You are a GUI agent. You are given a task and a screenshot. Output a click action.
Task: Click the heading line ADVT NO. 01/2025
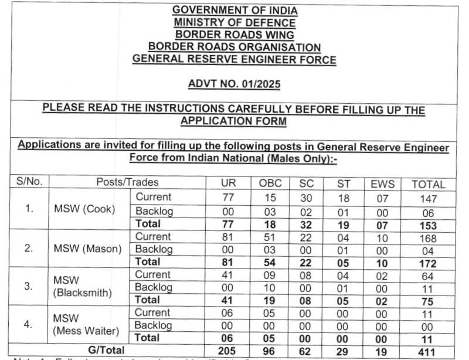pos(234,85)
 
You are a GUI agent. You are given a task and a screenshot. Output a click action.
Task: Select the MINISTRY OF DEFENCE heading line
pos(234,23)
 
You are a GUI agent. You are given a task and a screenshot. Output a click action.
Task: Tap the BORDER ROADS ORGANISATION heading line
pos(234,47)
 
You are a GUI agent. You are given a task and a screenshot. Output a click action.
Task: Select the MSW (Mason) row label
pos(87,249)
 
